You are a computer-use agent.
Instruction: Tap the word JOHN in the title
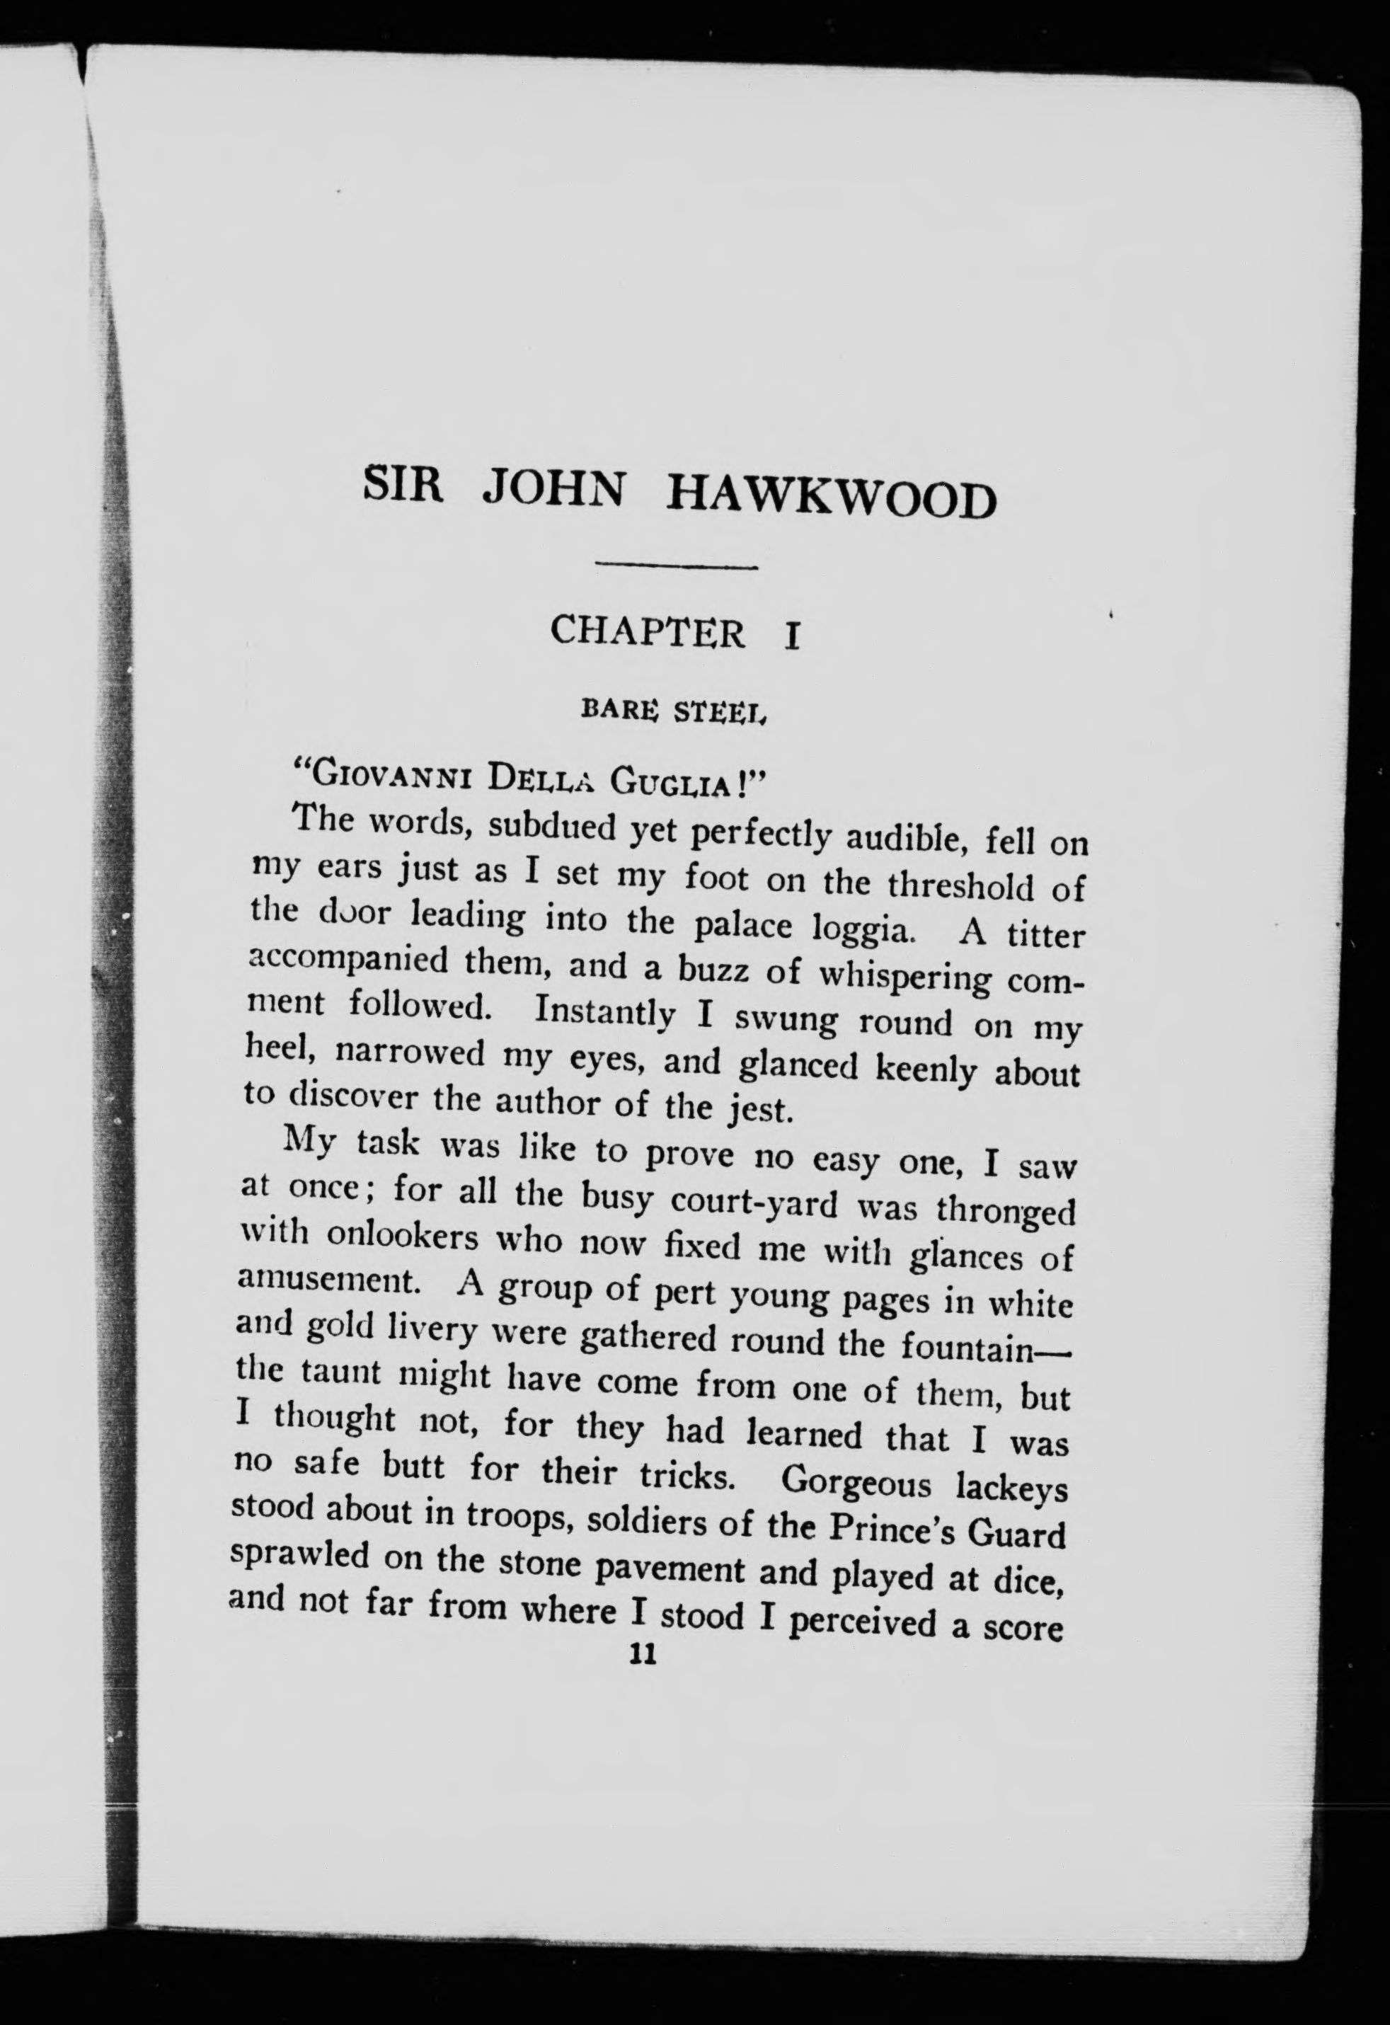click(553, 490)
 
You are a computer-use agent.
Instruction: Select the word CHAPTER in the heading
click(648, 632)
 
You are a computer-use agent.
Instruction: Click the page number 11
click(643, 1656)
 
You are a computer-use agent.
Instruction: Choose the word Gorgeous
click(858, 1481)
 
